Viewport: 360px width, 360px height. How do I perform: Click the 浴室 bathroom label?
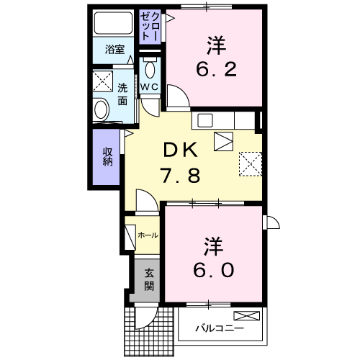(114, 50)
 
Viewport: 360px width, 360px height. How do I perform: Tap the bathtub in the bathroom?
(114, 23)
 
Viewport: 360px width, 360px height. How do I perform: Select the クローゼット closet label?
(150, 26)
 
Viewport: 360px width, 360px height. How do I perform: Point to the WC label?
(149, 87)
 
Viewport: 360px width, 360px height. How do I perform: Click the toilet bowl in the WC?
(150, 70)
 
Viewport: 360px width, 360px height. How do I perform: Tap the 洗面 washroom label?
(122, 95)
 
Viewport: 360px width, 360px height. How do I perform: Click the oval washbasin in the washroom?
(102, 110)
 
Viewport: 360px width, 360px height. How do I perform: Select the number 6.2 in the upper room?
(216, 69)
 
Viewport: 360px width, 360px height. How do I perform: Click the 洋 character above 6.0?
(214, 246)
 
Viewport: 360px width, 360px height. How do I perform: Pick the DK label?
(181, 150)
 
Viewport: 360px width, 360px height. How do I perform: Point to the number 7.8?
(180, 176)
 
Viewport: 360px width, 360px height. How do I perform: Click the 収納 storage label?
(107, 156)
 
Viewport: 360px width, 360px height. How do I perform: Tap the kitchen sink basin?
(205, 120)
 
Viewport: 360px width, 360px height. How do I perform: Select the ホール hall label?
(148, 235)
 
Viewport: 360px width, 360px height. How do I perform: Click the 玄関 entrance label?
(149, 280)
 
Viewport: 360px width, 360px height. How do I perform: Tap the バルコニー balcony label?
(220, 328)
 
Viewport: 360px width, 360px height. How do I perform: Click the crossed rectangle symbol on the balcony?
(247, 316)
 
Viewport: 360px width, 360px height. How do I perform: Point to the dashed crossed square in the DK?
(251, 164)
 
